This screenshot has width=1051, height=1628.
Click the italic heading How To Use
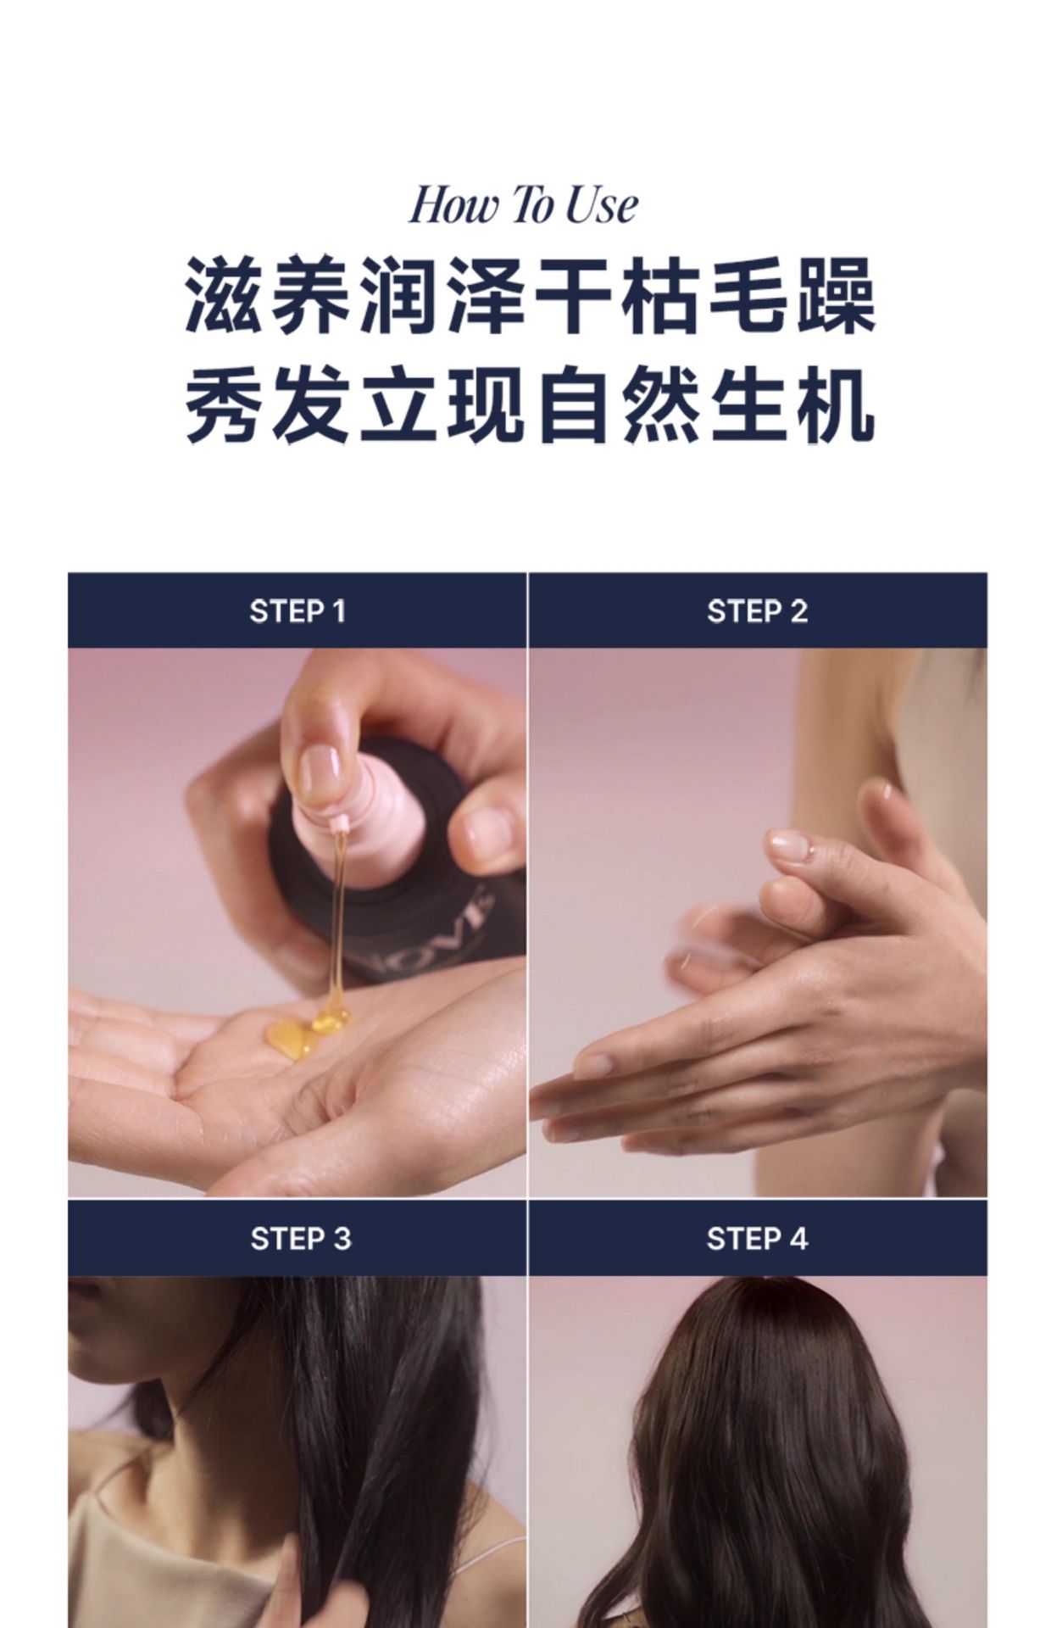point(523,206)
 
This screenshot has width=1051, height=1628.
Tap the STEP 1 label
point(298,611)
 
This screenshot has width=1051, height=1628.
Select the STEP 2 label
point(757,611)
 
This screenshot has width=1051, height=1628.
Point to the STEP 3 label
point(300,1239)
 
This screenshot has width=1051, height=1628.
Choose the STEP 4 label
point(757,1239)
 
